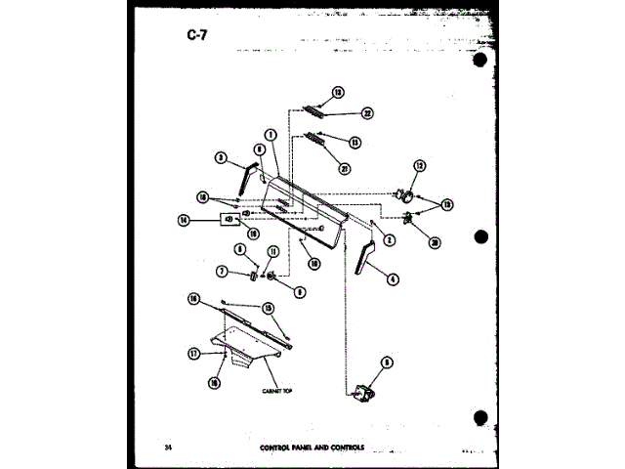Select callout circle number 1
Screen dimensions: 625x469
point(271,135)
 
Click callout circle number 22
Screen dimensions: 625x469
point(340,114)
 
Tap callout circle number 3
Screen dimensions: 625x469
point(222,157)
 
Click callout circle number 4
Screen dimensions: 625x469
point(393,278)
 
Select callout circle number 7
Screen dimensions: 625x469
point(222,271)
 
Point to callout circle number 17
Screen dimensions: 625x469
point(193,353)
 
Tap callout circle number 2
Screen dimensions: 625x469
point(389,240)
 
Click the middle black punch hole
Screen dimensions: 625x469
point(479,237)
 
